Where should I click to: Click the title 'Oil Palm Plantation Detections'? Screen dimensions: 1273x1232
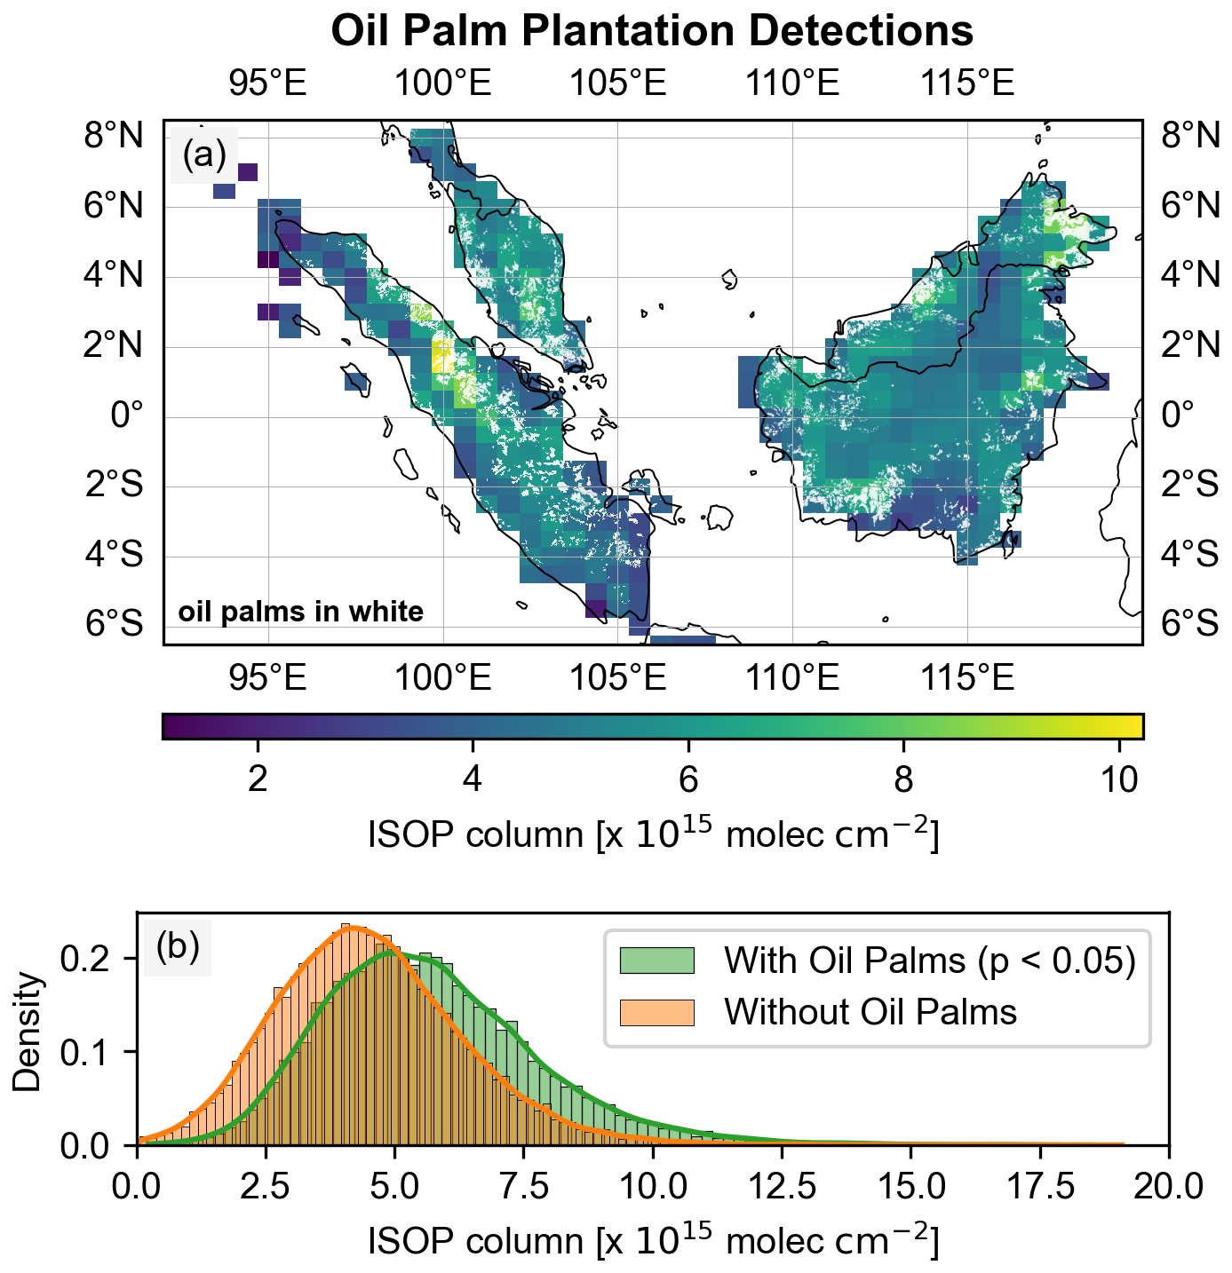point(652,31)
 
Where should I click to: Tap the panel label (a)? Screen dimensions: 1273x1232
point(204,154)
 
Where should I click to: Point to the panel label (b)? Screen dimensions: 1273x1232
point(178,946)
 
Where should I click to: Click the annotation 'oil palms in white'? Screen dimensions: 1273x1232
point(301,612)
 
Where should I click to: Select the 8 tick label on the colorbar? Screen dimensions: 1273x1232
point(902,779)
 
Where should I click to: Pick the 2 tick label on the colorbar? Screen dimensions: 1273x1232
point(258,779)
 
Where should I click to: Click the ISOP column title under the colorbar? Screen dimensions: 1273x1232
point(652,834)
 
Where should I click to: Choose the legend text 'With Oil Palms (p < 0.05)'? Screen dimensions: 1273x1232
point(929,961)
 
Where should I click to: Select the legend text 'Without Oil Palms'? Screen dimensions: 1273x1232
point(870,1012)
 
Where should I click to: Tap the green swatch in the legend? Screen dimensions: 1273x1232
point(656,961)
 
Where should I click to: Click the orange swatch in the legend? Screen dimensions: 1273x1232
point(656,1012)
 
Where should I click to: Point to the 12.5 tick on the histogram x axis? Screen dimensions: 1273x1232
point(782,1185)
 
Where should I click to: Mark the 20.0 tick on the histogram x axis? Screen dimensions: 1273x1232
point(1167,1185)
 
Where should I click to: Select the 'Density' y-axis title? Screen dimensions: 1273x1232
point(28,1030)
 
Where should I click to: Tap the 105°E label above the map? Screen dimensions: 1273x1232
point(617,83)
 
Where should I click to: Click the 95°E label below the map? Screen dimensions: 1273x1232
point(267,678)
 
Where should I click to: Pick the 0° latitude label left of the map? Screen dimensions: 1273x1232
point(126,415)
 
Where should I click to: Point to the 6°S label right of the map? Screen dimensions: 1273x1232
point(1190,623)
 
